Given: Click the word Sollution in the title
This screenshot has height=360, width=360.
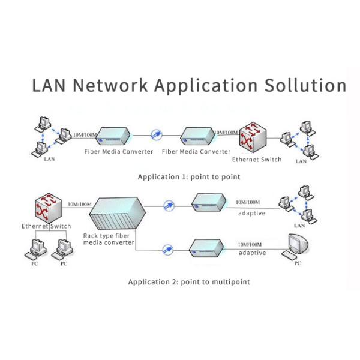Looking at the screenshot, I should pos(305,85).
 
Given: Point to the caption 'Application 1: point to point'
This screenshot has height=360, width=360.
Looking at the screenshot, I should pos(189,177).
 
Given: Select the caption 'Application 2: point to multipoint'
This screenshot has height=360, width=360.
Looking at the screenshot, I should pos(189,281).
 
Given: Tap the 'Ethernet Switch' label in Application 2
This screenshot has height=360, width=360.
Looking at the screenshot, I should pos(46,226).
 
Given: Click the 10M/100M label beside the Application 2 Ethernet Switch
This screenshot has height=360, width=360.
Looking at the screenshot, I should pos(80,205).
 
